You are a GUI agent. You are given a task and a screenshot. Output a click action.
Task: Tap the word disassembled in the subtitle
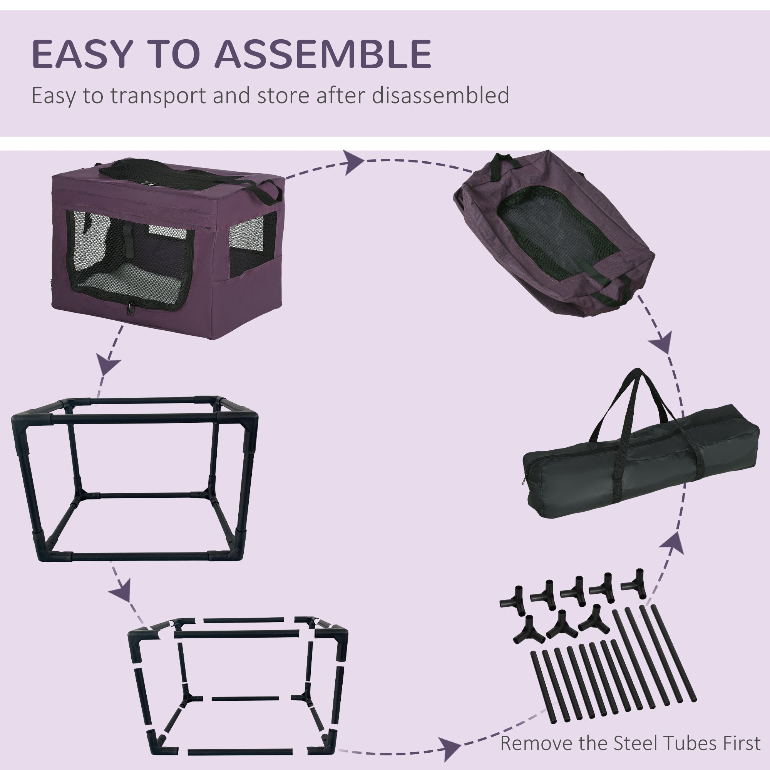[x=440, y=95]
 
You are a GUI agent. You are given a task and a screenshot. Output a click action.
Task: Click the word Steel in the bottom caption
[x=630, y=743]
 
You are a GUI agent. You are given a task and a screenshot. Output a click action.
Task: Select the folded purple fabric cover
[x=554, y=235]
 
